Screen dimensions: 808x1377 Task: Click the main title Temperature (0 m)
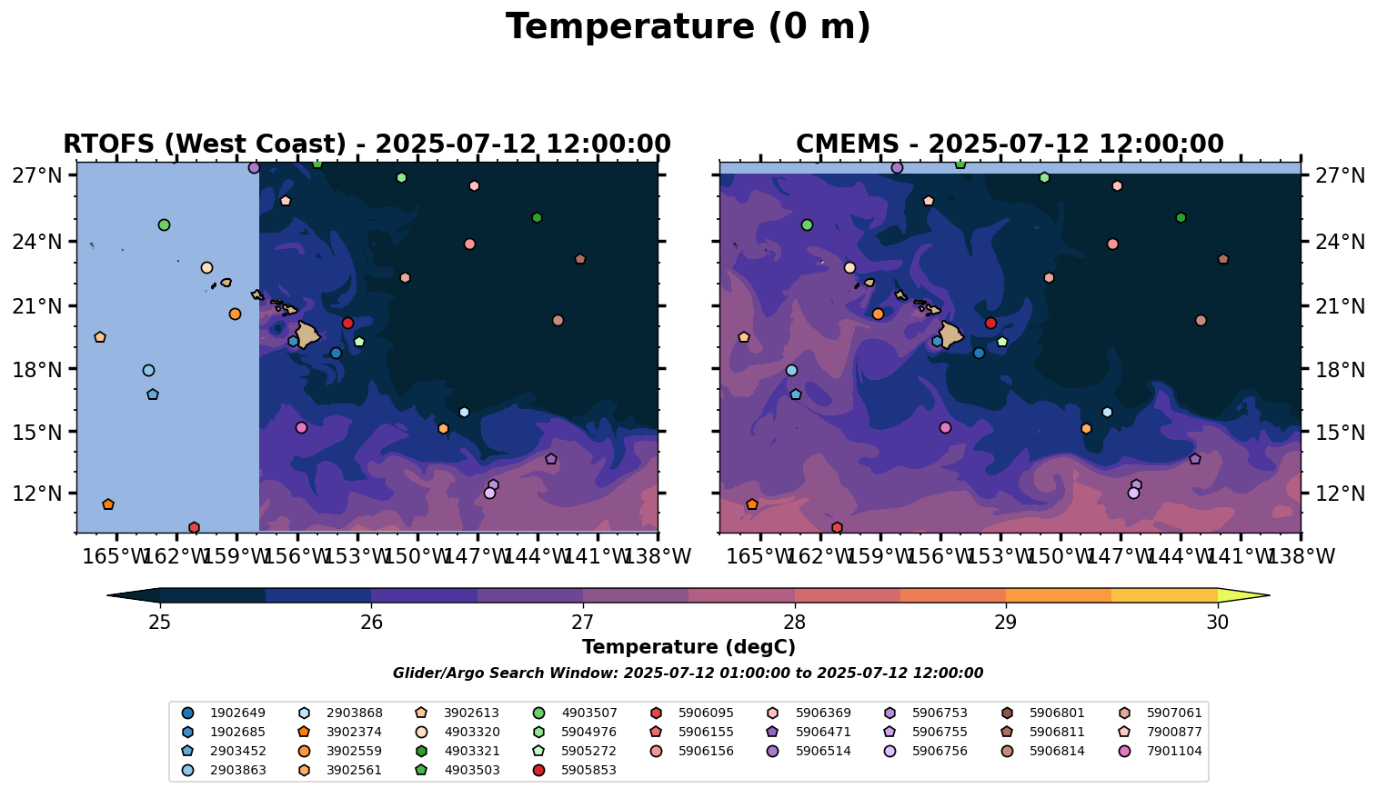688,27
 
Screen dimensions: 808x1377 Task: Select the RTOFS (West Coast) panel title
367,145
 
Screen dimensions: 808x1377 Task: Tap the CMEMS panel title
1010,145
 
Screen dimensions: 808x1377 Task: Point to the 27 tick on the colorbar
583,623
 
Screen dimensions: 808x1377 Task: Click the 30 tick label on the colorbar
1217,623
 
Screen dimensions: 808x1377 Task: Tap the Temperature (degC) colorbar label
688,647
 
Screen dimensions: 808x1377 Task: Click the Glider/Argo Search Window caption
688,673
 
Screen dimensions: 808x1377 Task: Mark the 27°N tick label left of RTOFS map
37,175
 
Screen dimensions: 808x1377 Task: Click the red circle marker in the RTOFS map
347,323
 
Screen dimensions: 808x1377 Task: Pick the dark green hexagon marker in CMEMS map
1181,218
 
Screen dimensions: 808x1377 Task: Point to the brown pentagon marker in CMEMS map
1223,259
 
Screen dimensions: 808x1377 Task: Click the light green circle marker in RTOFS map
164,224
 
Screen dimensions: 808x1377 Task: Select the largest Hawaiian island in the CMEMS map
951,334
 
